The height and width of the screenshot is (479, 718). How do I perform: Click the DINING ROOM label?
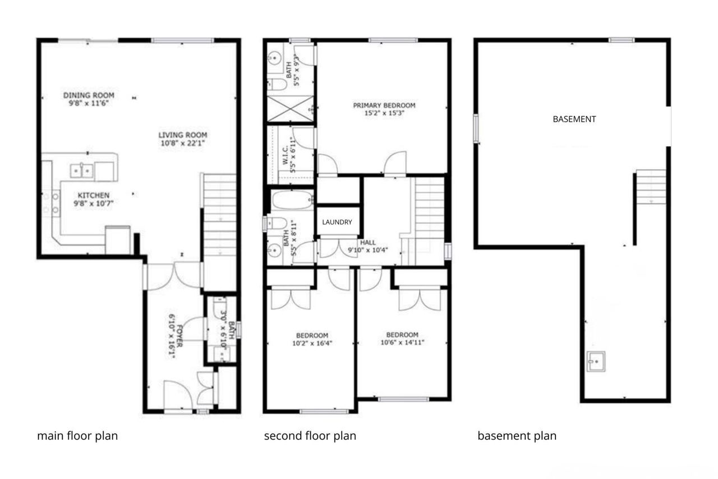coord(89,95)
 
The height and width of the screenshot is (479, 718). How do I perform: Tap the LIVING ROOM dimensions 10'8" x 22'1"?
coord(182,143)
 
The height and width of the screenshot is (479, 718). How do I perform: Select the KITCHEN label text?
coord(94,195)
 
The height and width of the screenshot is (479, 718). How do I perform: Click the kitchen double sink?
coord(82,171)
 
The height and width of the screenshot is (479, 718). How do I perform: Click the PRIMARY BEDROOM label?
coord(384,105)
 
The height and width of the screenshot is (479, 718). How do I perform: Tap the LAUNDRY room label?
coord(337,222)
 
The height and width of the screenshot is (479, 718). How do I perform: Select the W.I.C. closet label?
coord(285,156)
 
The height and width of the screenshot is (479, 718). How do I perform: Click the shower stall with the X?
coord(290,108)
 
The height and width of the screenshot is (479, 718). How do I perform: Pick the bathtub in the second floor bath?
coord(292,200)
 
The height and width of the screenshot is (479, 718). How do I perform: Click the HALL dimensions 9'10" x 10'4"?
coord(368,249)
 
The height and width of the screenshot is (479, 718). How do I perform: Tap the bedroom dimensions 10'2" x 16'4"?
coord(312,343)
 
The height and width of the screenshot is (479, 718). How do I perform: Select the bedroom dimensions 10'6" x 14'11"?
coord(402,343)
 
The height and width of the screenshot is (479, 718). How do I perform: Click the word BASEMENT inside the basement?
coord(574,120)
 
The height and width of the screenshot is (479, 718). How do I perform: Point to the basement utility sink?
coord(596,361)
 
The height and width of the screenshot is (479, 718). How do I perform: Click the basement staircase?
coord(651,186)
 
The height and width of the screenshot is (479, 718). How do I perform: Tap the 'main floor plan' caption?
coord(77,436)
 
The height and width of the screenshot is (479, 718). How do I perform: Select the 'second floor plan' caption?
coord(310,436)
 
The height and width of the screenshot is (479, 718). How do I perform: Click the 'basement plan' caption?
coord(517,436)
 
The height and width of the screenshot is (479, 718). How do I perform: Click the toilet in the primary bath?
coord(278,84)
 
